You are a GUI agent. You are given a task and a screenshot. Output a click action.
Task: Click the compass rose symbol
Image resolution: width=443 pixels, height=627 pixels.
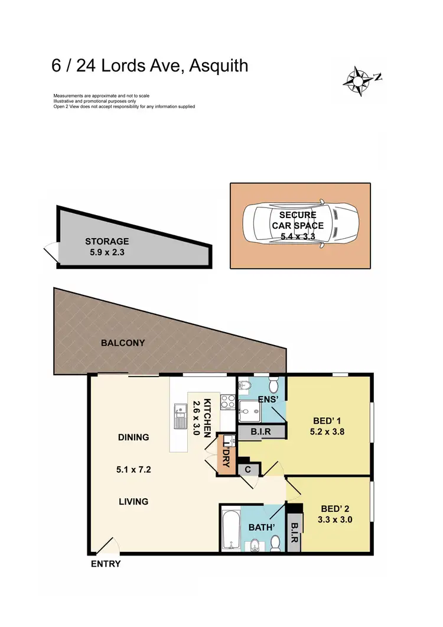tap(359, 79)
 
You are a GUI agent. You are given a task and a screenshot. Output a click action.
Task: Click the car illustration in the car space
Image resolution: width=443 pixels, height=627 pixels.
tap(301, 225)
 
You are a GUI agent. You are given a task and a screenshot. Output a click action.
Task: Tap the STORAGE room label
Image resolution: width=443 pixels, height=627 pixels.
tap(106, 241)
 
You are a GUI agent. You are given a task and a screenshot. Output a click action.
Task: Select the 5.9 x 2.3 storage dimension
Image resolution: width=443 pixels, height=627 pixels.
tap(106, 252)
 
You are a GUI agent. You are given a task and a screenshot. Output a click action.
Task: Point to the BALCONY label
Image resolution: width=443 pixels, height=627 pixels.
tap(123, 343)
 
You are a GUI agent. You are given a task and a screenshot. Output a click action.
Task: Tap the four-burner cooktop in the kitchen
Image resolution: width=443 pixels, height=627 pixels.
tap(227, 402)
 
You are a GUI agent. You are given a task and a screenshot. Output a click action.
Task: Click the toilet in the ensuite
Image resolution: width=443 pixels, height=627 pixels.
tap(273, 386)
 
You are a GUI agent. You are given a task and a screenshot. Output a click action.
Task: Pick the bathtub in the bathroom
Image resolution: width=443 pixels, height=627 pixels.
tap(230, 528)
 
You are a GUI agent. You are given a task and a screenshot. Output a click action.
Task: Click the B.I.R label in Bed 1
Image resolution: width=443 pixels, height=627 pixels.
tap(260, 431)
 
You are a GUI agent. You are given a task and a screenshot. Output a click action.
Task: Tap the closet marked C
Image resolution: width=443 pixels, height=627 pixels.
tap(247, 469)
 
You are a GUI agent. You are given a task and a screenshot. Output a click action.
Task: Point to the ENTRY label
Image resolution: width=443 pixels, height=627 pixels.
tap(106, 564)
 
